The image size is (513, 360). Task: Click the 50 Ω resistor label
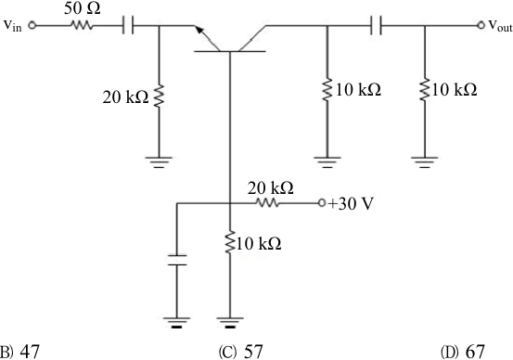[x=83, y=8]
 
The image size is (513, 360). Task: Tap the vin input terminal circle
[x=32, y=25]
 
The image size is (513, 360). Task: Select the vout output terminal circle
[x=481, y=25]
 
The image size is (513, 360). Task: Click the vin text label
[x=13, y=26]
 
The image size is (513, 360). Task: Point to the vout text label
[x=500, y=26]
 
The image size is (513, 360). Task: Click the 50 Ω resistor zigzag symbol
[x=82, y=25]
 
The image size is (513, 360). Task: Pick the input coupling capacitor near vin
[x=128, y=25]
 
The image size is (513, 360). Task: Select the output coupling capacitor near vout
[x=376, y=25]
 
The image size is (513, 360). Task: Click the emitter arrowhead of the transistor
[x=199, y=30]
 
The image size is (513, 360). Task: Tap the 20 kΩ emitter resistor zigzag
[x=159, y=96]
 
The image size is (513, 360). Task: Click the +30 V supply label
[x=350, y=204]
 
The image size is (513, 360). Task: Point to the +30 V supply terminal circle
[x=322, y=203]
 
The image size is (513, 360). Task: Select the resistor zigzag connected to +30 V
[x=267, y=203]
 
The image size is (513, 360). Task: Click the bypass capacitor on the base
[x=177, y=260]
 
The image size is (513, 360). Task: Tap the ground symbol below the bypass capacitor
[x=176, y=322]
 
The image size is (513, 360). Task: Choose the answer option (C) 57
[x=240, y=352]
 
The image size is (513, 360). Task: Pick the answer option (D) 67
[x=462, y=352]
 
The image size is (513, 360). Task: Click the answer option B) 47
[x=19, y=352]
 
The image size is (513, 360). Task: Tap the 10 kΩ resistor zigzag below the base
[x=230, y=242]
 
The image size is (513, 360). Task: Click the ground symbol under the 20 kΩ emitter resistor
[x=159, y=162]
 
